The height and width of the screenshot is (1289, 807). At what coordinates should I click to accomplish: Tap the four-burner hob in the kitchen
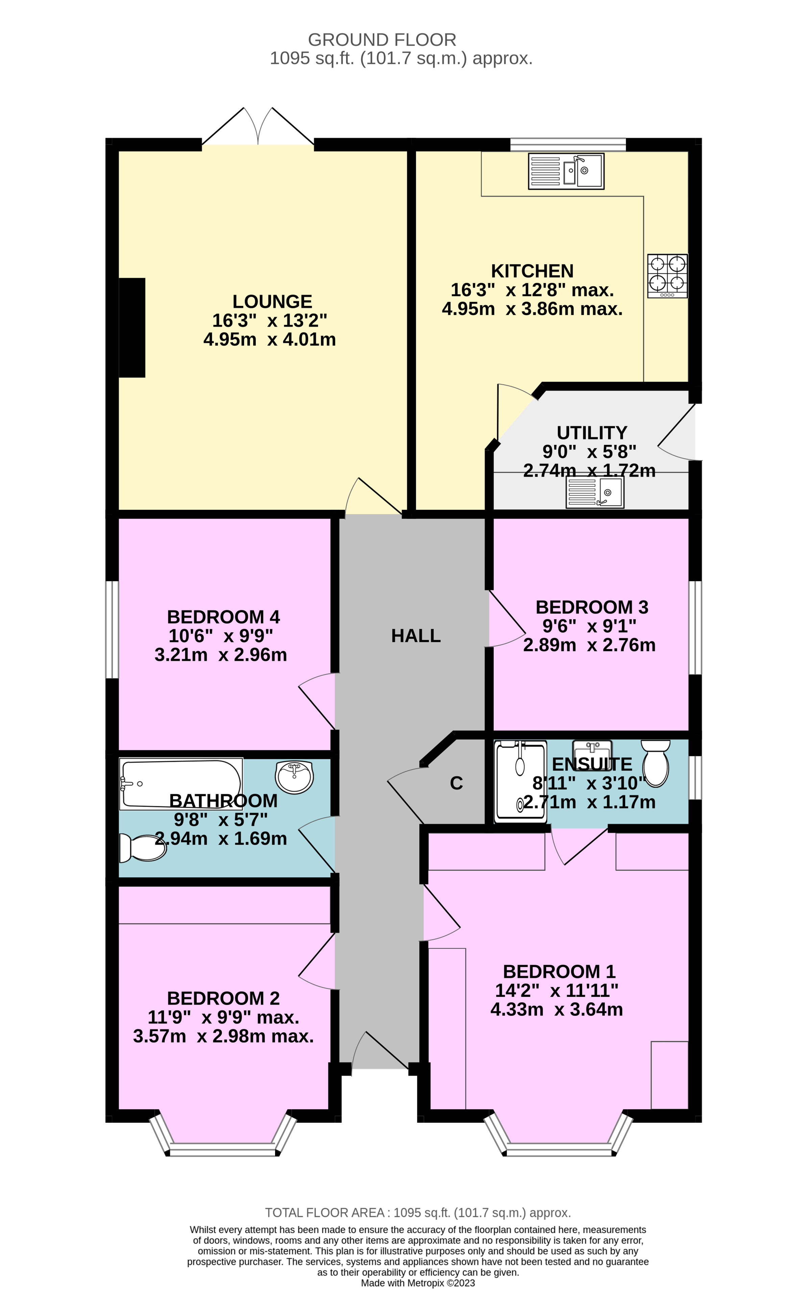pos(667,276)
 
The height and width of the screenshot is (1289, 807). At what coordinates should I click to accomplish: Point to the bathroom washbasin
pos(294,777)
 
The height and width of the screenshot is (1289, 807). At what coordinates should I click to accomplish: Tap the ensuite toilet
pos(655,762)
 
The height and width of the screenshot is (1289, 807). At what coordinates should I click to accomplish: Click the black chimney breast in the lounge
pos(132,327)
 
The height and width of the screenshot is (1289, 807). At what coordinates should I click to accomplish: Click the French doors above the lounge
pos(258,128)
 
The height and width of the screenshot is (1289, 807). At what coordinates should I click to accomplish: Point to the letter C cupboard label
pos(456,783)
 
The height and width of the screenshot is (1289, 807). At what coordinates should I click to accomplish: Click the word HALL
pos(416,636)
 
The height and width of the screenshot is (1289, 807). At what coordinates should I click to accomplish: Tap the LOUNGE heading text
pos(272,302)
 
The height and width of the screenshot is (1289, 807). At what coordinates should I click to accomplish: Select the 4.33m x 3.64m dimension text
pos(557,1009)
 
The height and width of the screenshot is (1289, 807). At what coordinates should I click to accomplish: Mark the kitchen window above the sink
pos(568,144)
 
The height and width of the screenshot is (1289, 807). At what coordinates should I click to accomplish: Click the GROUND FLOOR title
pos(382,40)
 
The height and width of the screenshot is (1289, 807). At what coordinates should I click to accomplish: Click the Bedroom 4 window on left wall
pos(112,629)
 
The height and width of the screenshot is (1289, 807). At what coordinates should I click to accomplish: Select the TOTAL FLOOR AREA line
pos(418,1213)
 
